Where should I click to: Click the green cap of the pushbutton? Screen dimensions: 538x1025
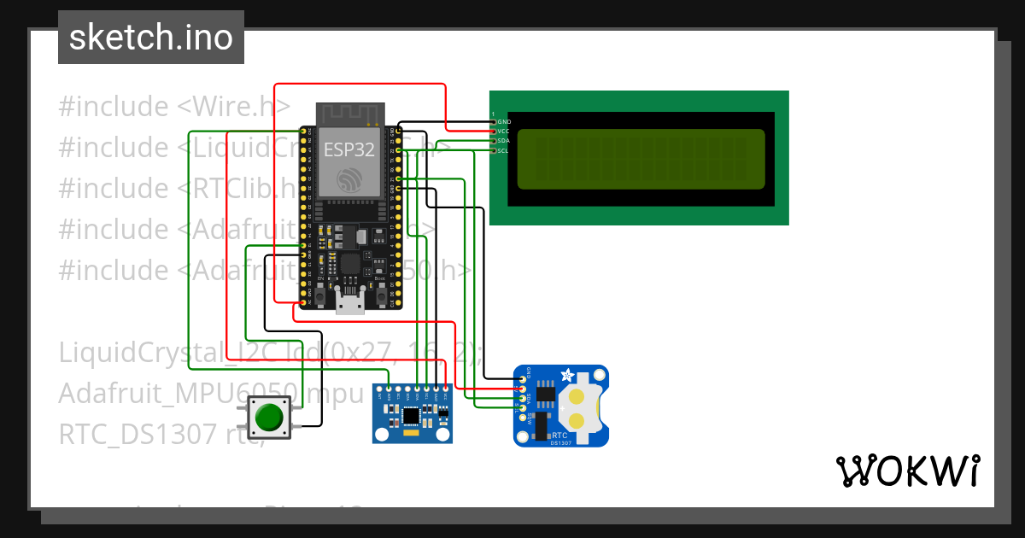269,418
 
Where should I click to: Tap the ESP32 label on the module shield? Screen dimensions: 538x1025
348,150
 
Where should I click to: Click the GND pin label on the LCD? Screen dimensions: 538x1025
504,122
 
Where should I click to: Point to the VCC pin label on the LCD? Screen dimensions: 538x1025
504,132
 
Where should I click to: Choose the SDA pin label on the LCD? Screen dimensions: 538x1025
504,141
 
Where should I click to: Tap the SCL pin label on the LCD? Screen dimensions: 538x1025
504,150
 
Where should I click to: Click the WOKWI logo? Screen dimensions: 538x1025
906,471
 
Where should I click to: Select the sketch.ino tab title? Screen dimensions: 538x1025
151,38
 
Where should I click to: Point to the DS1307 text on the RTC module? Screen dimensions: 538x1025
560,442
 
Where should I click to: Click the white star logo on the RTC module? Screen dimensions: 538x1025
565,376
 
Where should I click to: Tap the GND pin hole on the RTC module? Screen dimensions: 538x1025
522,378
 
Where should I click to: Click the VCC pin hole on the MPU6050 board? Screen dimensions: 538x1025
445,391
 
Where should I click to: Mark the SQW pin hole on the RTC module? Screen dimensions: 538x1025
522,418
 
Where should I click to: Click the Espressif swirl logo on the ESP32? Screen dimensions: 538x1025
348,180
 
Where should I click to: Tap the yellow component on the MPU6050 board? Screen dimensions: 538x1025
412,435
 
